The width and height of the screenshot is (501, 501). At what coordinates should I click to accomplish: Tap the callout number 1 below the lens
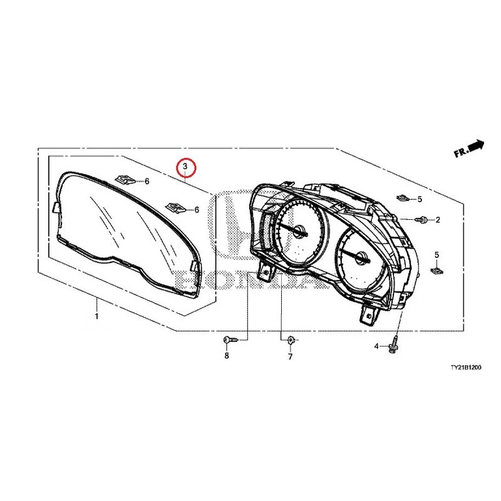[x=96, y=316]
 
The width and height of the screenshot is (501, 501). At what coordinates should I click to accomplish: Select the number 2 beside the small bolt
[x=437, y=220]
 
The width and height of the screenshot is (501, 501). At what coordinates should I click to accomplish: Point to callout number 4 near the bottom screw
[x=376, y=346]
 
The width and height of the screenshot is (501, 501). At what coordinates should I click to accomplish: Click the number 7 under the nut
[x=290, y=356]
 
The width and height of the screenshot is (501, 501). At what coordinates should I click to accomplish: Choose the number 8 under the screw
[x=227, y=356]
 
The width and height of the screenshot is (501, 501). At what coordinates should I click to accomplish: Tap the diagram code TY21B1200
[x=465, y=368]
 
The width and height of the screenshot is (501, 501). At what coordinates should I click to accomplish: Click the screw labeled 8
[x=230, y=340]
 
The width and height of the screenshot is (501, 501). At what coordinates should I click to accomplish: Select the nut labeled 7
[x=291, y=340]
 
